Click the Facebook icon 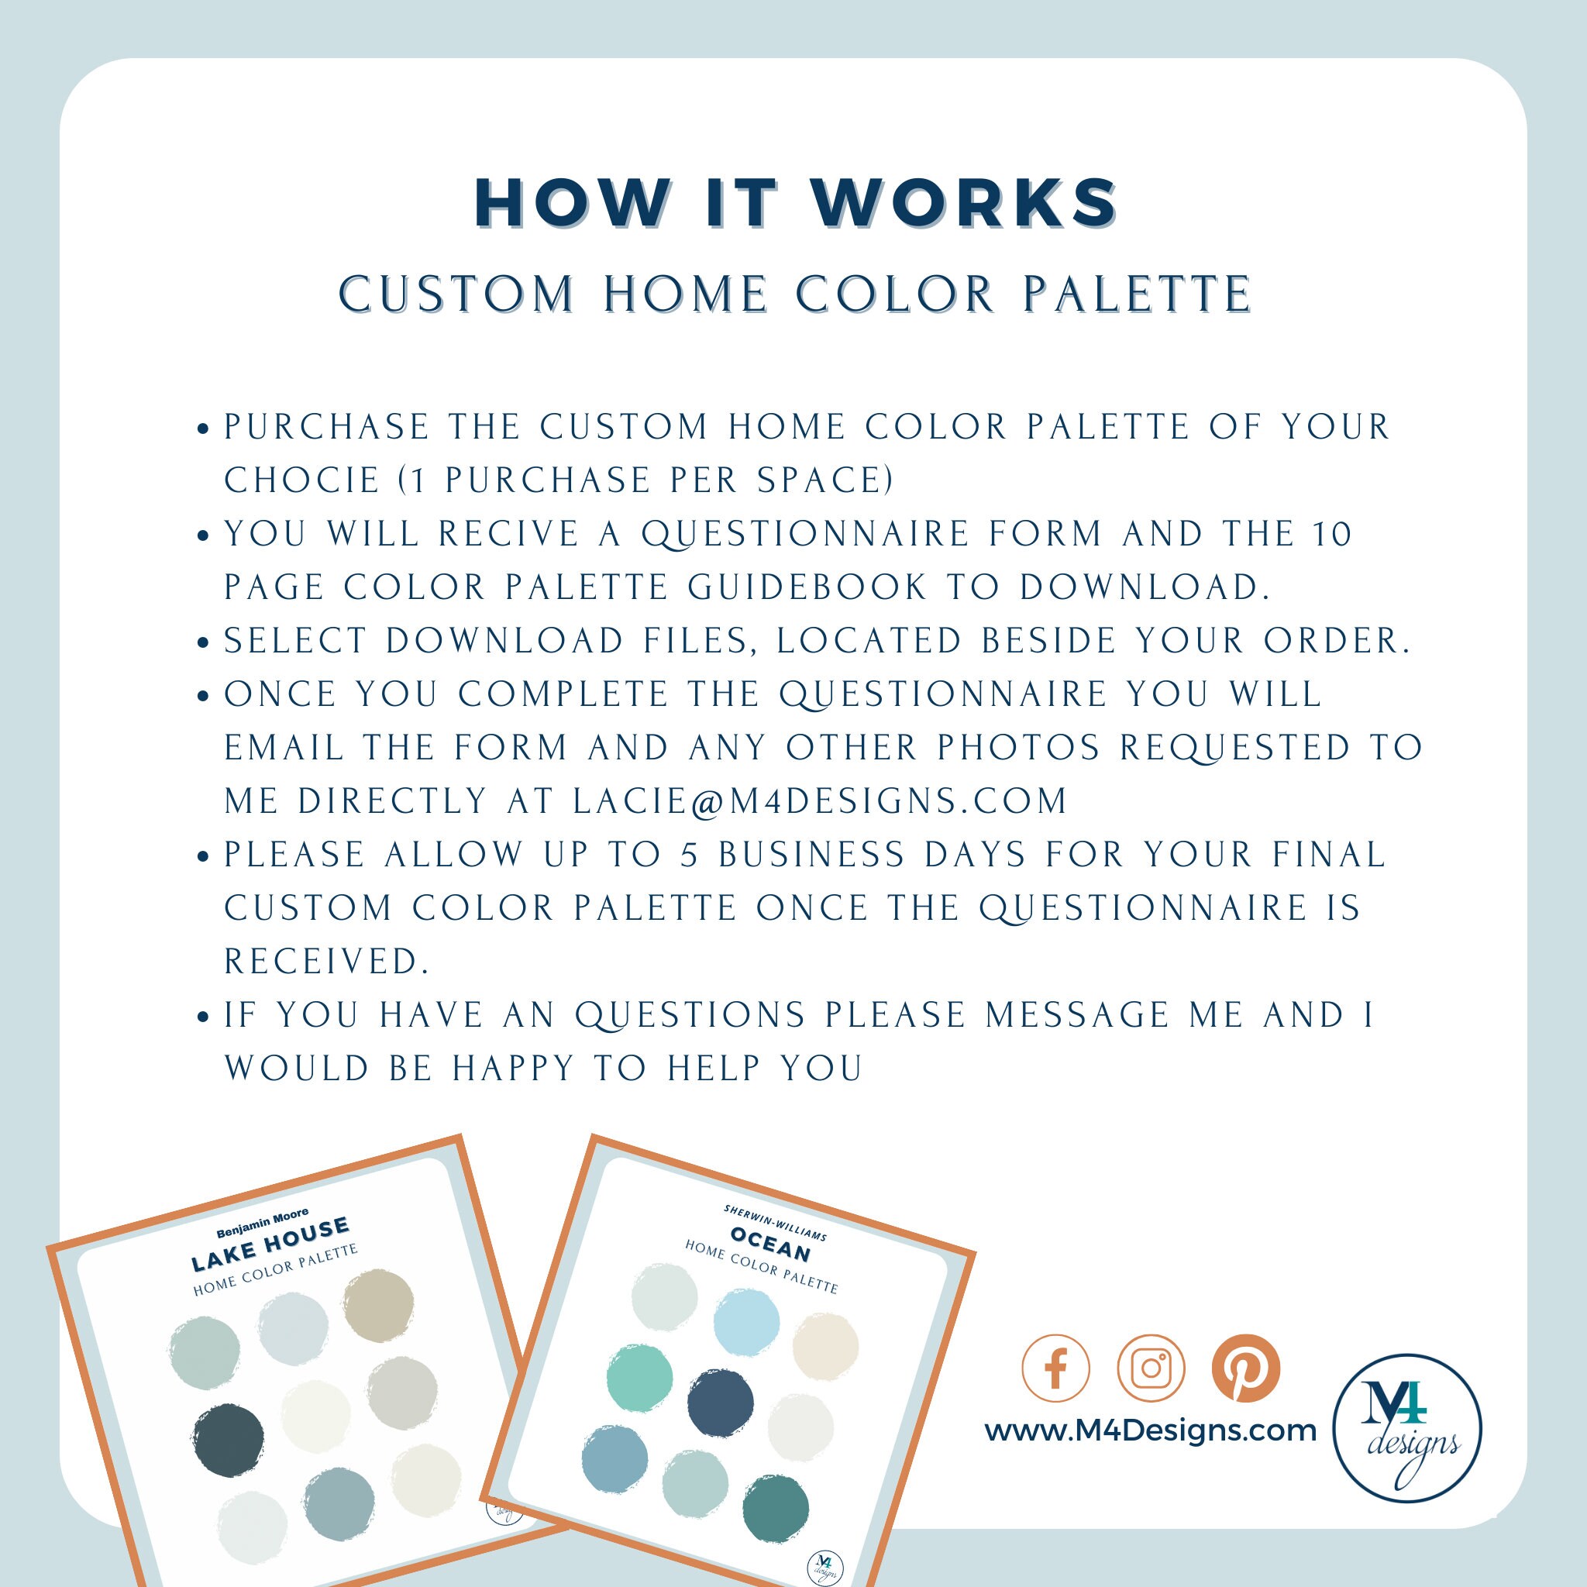[1055, 1368]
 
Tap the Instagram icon [1151, 1368]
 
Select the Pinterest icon [1246, 1368]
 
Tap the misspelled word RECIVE [508, 535]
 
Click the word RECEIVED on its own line [327, 962]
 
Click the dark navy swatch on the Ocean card [720, 1403]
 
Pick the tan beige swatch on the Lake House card [379, 1306]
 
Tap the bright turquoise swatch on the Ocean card [640, 1379]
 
